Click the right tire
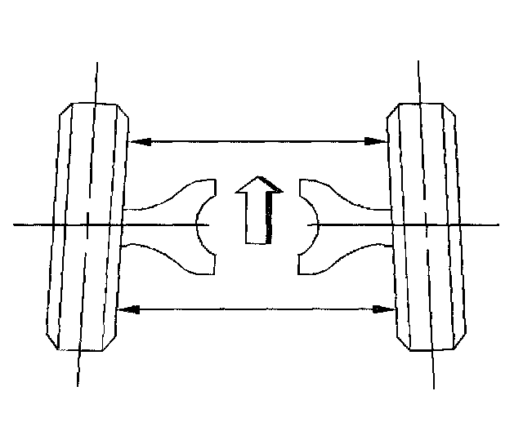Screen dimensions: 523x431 tap(427, 224)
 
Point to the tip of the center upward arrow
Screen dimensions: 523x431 tap(258, 177)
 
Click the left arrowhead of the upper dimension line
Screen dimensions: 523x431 tap(137, 141)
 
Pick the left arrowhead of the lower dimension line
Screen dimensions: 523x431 tap(127, 309)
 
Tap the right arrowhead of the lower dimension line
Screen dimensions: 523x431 tap(383, 309)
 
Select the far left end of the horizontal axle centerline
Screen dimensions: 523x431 tap(16, 224)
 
